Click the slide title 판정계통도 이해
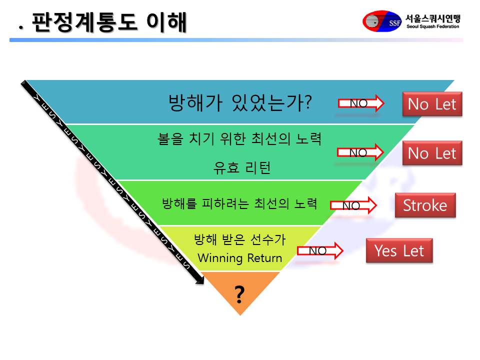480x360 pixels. (109, 22)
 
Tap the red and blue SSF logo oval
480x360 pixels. (381, 21)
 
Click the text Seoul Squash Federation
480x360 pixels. (432, 26)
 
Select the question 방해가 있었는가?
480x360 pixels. (240, 102)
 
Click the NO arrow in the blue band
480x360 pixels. (360, 103)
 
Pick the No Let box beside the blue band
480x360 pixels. (432, 104)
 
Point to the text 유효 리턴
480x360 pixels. (242, 168)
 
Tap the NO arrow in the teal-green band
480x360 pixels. (360, 152)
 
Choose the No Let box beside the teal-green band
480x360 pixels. (432, 153)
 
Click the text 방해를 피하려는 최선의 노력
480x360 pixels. (239, 203)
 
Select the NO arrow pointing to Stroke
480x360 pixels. (353, 205)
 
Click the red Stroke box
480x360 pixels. (425, 205)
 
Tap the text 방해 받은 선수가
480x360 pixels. (239, 239)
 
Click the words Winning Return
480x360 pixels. (239, 258)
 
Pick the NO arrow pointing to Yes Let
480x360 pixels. (320, 250)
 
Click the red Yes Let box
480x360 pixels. (399, 250)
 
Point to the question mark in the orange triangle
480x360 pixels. (239, 294)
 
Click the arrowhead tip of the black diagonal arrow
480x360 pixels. (203, 284)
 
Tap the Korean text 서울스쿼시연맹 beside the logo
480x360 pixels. (433, 18)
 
